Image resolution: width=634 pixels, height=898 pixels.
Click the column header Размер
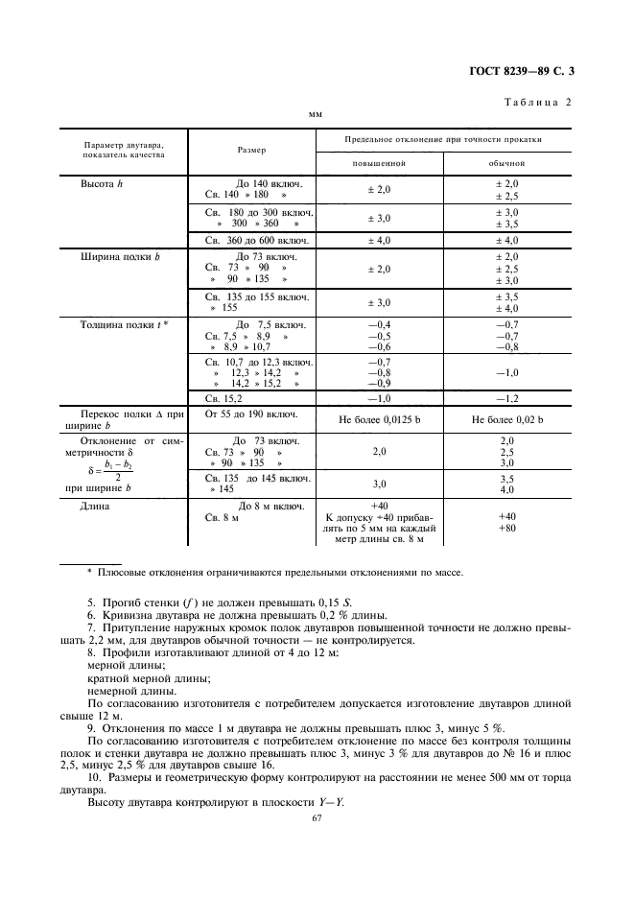[x=251, y=150]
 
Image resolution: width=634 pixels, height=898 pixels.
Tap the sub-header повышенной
[x=380, y=163]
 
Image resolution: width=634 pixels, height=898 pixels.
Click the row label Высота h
[x=103, y=183]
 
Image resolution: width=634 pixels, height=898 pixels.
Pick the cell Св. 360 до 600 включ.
[x=251, y=240]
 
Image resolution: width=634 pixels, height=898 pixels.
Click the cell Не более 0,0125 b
[x=380, y=420]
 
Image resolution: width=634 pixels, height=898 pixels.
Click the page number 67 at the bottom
[x=317, y=817]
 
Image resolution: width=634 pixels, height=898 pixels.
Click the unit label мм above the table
[x=315, y=114]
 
